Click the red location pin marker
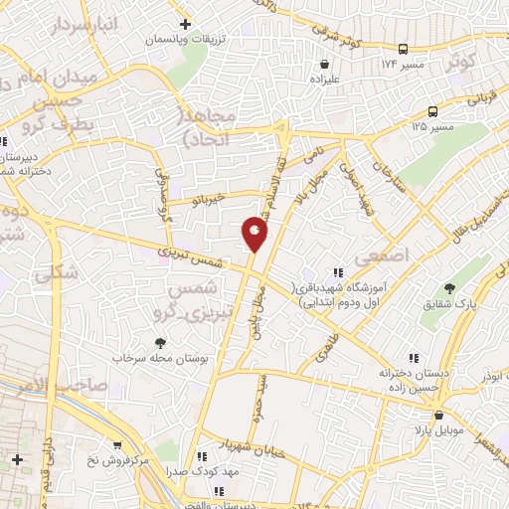click(x=254, y=234)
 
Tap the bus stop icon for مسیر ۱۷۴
click(x=403, y=49)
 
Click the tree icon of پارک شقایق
click(x=450, y=287)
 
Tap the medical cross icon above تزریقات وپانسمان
click(x=184, y=24)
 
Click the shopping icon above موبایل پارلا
click(x=438, y=415)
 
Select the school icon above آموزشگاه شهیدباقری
click(x=338, y=271)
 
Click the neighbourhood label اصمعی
click(x=387, y=255)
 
